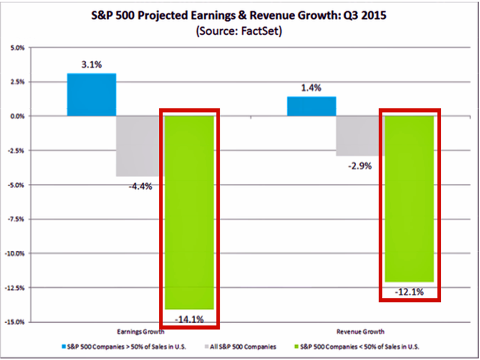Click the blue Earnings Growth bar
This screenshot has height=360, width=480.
click(x=91, y=95)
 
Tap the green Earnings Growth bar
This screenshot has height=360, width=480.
click(x=189, y=212)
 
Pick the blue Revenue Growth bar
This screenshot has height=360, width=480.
click(x=312, y=106)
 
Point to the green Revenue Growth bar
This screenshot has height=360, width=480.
click(x=409, y=198)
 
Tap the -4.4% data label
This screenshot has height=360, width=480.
click(x=140, y=186)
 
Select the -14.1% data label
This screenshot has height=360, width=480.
click(x=189, y=319)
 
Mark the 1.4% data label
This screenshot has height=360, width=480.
click(x=312, y=88)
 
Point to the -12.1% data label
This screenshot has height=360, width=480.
click(x=409, y=292)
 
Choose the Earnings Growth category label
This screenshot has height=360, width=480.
click(x=140, y=332)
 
